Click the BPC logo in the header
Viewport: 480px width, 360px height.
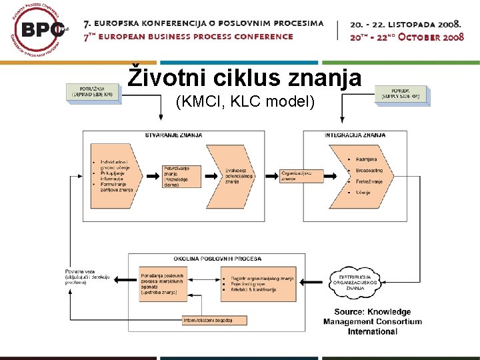pyautogui.click(x=39, y=31)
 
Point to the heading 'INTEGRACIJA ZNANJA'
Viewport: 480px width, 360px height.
pyautogui.click(x=355, y=135)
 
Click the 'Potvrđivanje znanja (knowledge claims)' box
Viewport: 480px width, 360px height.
pyautogui.click(x=178, y=176)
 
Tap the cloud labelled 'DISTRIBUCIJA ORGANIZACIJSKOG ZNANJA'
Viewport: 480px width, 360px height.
pyautogui.click(x=359, y=282)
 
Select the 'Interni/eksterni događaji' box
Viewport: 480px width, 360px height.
pyautogui.click(x=208, y=320)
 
